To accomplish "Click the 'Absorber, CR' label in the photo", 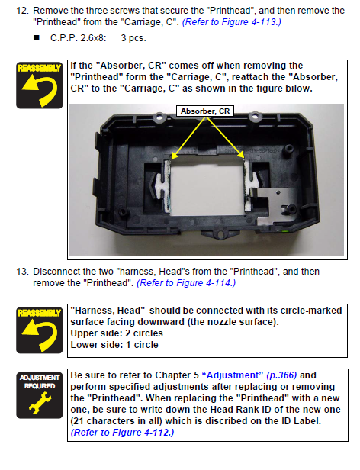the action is coord(205,111).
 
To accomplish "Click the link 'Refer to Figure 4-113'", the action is coord(231,22).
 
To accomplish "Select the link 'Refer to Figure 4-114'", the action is coord(186,283).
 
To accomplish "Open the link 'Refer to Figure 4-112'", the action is coord(122,433).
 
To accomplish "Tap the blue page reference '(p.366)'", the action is coord(281,375).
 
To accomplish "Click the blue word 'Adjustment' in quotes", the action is coord(233,375).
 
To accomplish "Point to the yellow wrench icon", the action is coord(40,403).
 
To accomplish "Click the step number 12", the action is coord(22,11).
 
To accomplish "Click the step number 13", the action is coord(22,272).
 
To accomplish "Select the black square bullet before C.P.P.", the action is coord(37,38).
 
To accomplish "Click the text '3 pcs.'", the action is coord(133,38).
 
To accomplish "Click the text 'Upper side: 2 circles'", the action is coord(117,333).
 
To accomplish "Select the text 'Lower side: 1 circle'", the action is coord(114,345).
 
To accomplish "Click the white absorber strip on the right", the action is coord(249,185).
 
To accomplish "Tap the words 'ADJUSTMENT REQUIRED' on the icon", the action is coord(40,381).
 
